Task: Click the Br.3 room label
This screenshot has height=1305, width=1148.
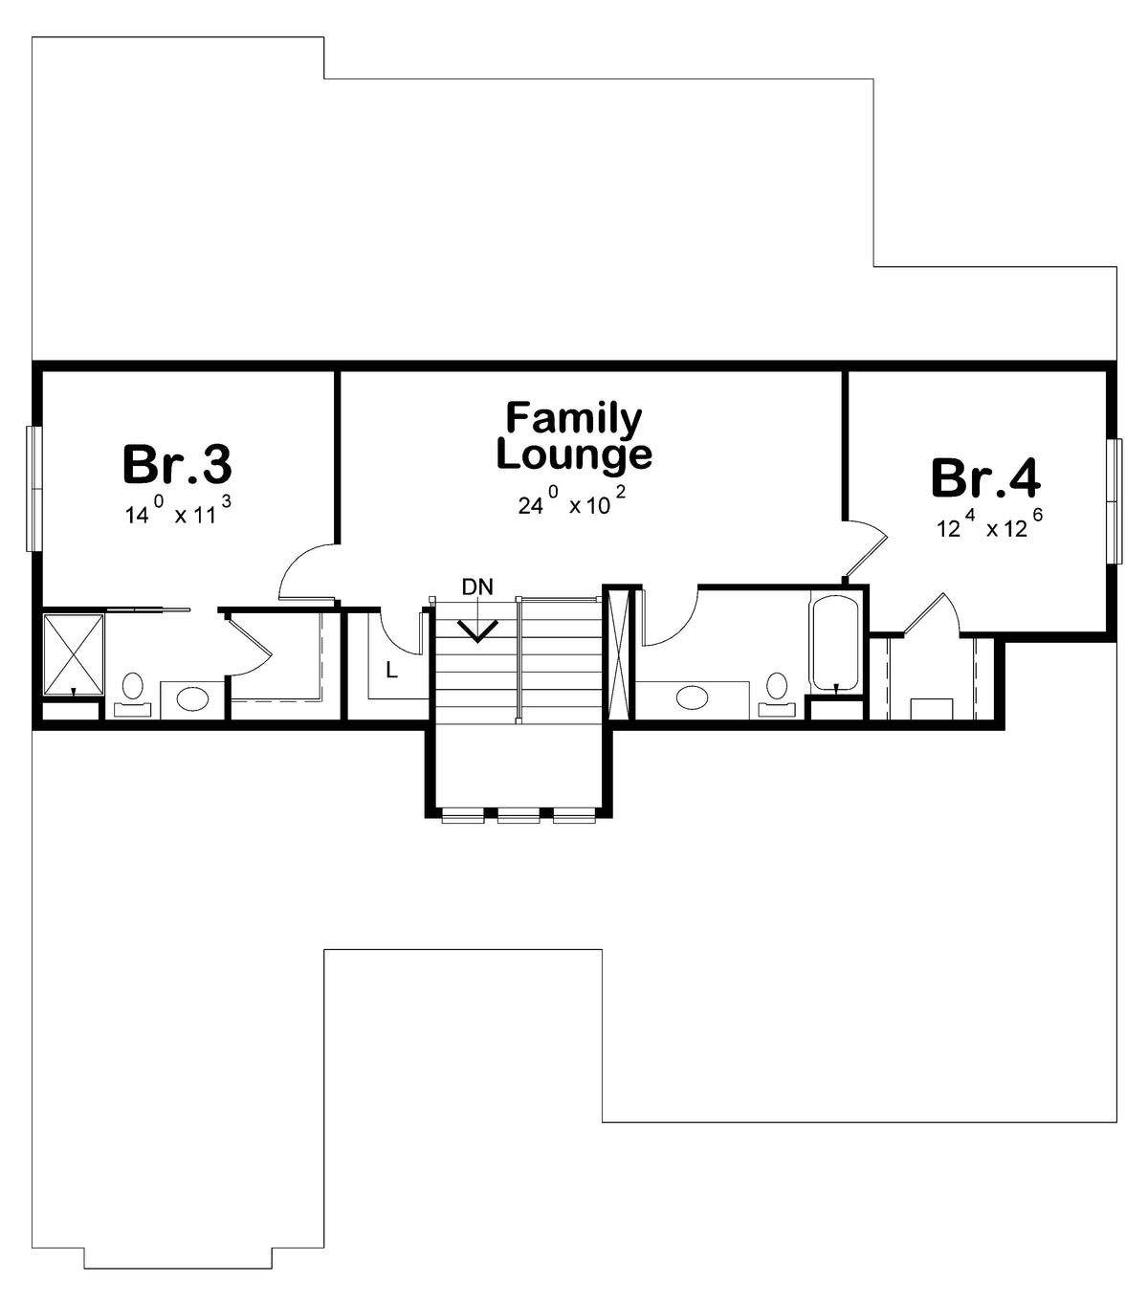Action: click(x=177, y=464)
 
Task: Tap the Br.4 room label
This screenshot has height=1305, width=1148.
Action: click(x=985, y=478)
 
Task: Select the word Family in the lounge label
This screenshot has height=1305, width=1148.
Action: click(x=574, y=419)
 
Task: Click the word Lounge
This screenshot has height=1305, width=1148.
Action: click(x=574, y=454)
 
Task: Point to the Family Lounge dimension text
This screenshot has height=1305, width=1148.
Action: click(x=572, y=501)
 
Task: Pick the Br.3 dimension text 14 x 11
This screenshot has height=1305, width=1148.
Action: click(x=178, y=510)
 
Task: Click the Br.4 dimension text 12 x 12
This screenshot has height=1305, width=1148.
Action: click(x=989, y=523)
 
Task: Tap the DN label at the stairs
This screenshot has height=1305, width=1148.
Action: click(x=477, y=586)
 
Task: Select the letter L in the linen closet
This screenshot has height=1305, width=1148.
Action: click(x=391, y=670)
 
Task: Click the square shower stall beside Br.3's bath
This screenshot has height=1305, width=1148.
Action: click(x=74, y=654)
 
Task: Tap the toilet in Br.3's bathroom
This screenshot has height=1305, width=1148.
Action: click(x=133, y=695)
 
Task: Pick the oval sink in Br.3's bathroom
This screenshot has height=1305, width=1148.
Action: click(x=192, y=698)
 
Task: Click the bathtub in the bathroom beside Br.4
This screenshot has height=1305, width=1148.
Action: click(x=835, y=644)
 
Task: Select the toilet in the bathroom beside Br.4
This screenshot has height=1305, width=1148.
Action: click(x=777, y=695)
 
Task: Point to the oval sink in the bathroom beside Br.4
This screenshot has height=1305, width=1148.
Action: click(x=692, y=697)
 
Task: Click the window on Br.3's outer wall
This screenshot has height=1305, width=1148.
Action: click(x=33, y=488)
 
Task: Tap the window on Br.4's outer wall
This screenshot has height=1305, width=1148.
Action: click(x=1115, y=501)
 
